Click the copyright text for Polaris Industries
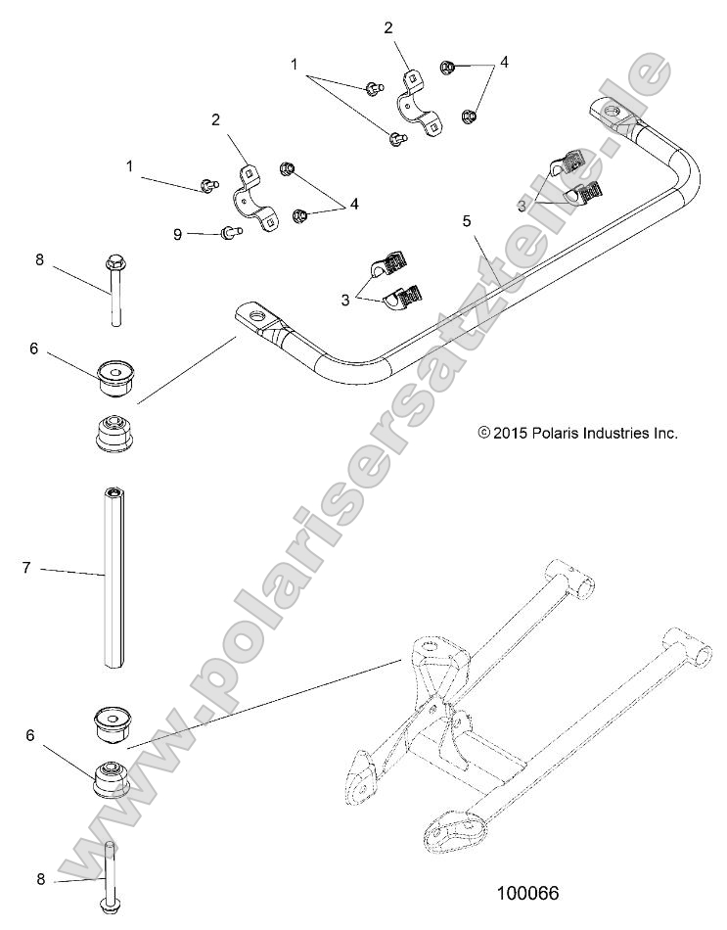tap(578, 432)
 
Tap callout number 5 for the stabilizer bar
tap(468, 221)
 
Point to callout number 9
tap(177, 233)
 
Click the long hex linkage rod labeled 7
tap(114, 578)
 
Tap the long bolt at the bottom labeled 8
tap(110, 876)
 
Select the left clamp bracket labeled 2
tap(253, 197)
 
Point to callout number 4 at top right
tap(504, 62)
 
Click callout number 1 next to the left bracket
tap(130, 166)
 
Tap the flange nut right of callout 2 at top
tap(448, 68)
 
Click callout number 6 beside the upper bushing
tap(33, 347)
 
